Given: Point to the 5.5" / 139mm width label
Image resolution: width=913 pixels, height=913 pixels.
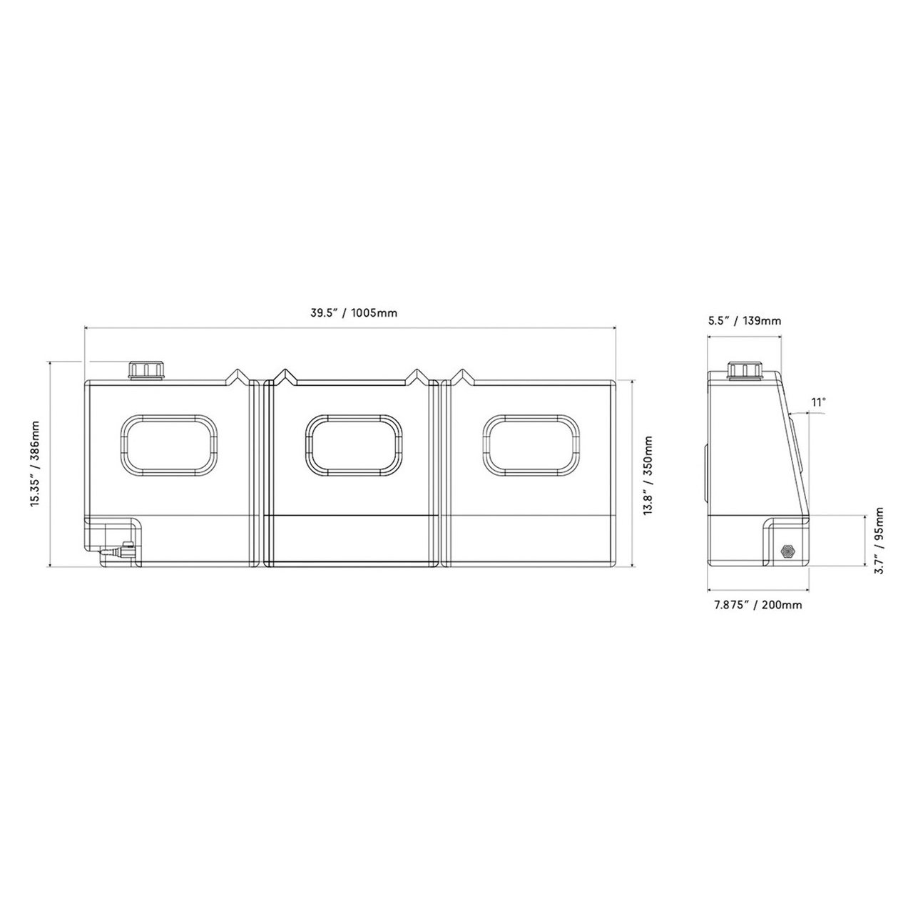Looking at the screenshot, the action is [745, 321].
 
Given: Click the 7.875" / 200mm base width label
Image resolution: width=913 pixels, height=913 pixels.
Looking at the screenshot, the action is [758, 605].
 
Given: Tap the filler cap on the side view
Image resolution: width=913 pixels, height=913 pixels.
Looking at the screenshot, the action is [746, 370].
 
